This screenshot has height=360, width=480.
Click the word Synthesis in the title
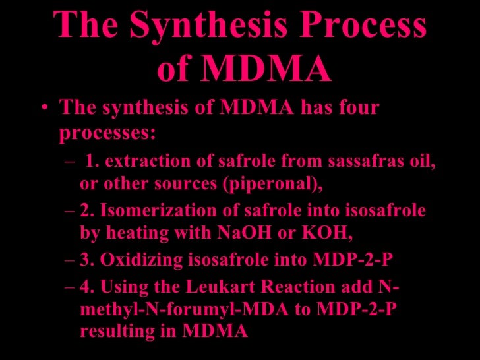[204, 26]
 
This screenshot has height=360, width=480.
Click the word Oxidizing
[132, 260]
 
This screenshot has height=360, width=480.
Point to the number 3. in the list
[86, 260]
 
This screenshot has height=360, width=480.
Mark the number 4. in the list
[86, 288]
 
